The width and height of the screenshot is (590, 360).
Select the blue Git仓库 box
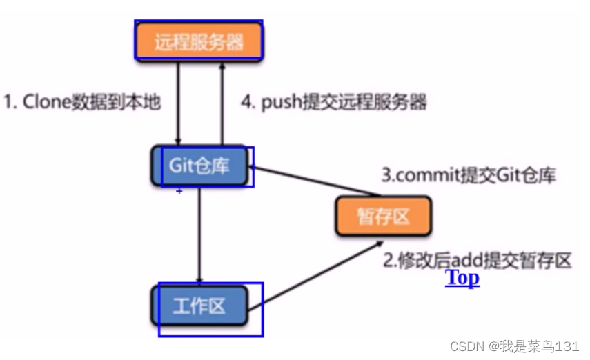199,166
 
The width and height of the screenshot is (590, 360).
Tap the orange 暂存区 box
383,216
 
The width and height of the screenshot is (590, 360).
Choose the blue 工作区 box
199,305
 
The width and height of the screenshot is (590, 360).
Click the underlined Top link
462,277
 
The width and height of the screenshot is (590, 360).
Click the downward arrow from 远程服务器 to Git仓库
179,103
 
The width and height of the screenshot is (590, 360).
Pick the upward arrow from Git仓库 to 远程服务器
222,103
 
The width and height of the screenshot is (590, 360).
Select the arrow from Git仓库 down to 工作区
199,234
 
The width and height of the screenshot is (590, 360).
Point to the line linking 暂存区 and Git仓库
311,181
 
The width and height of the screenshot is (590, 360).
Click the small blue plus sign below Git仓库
179,191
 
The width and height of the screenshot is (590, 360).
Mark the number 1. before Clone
10,103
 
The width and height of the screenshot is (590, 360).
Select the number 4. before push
248,103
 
